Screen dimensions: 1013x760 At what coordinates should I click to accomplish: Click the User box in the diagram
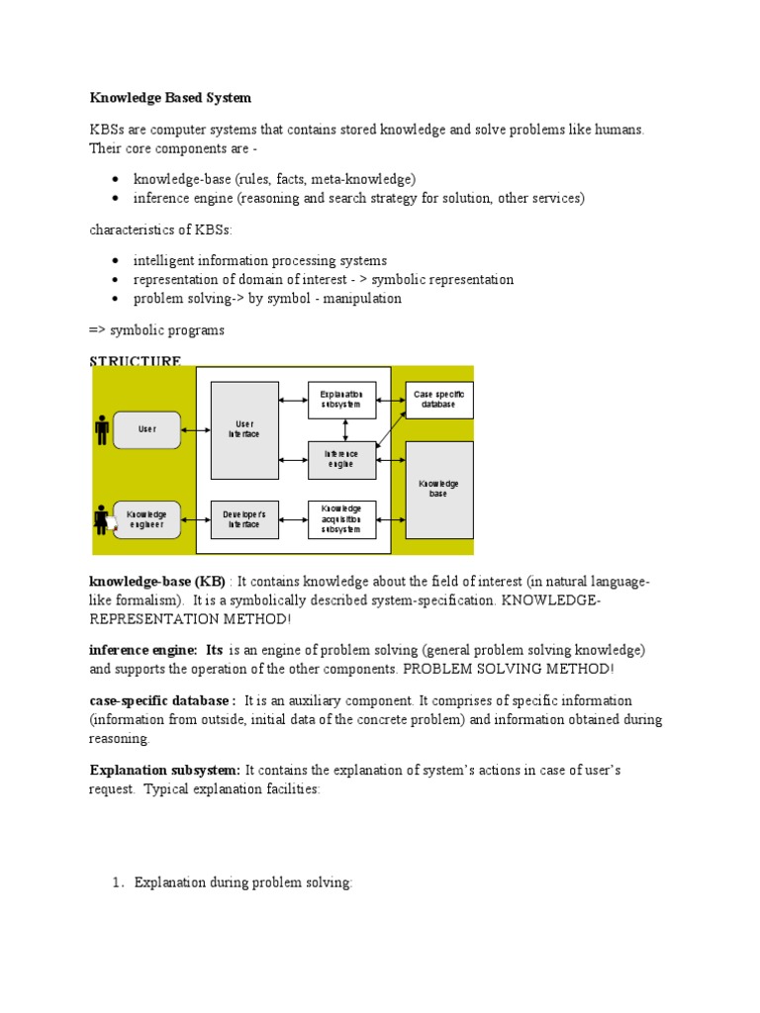(x=147, y=429)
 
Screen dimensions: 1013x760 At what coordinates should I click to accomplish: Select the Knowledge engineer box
(x=147, y=519)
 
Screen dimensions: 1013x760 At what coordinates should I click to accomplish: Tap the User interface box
(x=244, y=429)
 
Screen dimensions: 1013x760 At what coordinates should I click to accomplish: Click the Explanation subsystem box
(x=342, y=399)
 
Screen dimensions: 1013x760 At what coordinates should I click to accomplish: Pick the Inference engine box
(x=342, y=459)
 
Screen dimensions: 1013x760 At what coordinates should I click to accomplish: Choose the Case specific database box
(x=439, y=399)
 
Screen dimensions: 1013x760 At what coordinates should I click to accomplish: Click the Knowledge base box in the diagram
(x=439, y=489)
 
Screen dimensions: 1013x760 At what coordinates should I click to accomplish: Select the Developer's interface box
(x=244, y=519)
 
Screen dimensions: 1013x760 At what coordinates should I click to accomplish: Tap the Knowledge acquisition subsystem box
(x=342, y=519)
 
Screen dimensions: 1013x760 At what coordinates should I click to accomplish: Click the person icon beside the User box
(x=102, y=429)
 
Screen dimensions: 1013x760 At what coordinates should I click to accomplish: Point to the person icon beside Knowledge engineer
(x=102, y=519)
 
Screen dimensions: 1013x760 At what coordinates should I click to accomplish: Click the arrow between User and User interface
(x=196, y=429)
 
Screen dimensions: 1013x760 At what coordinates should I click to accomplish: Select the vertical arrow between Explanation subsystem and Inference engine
(x=343, y=428)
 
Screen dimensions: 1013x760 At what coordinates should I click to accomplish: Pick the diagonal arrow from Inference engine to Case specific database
(x=391, y=432)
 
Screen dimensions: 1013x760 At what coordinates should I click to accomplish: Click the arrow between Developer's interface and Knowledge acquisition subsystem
(x=294, y=519)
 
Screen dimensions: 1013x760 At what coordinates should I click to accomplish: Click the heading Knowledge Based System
(x=170, y=98)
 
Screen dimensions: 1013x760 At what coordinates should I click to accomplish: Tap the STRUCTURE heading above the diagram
(x=136, y=361)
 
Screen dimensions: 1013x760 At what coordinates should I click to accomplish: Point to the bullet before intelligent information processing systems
(x=116, y=261)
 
